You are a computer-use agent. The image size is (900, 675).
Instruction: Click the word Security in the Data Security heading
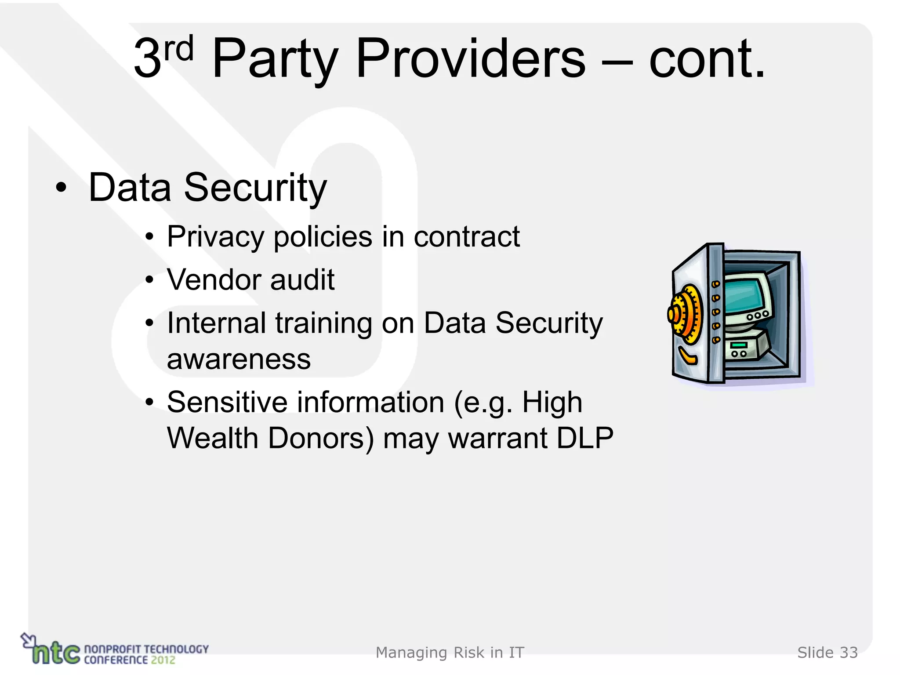255,188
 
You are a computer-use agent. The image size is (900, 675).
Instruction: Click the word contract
467,237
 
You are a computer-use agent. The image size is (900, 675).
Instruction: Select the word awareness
239,359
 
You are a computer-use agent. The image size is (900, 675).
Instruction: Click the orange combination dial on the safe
684,315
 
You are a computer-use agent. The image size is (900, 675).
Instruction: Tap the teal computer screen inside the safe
745,294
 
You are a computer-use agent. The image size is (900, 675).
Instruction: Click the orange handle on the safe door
687,356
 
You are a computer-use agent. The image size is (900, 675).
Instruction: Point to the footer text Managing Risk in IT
450,653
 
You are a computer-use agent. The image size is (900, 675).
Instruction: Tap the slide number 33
849,653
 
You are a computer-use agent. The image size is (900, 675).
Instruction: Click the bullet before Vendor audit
150,280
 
